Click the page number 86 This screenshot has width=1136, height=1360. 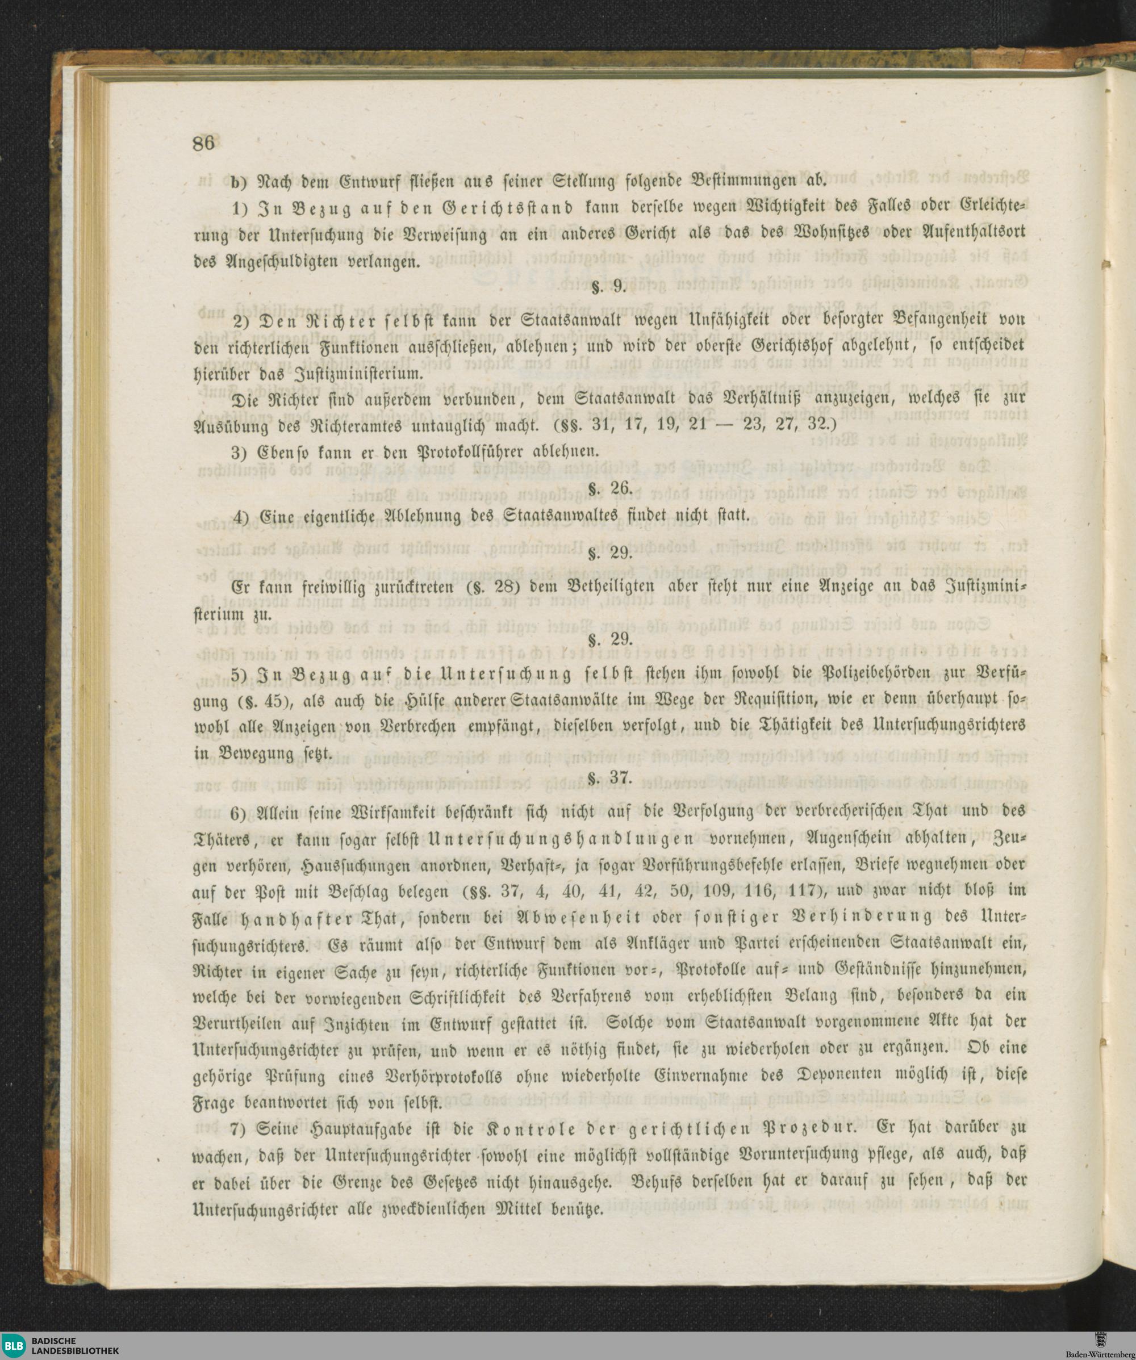click(203, 143)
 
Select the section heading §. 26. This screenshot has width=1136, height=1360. click(609, 488)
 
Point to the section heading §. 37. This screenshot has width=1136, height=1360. click(609, 778)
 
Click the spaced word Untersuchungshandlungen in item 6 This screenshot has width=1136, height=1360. click(561, 838)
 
